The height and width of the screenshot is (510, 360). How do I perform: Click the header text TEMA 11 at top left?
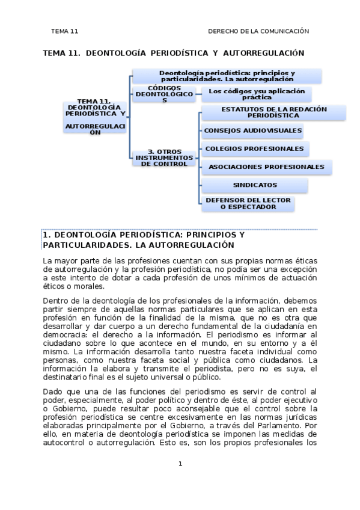coord(65,31)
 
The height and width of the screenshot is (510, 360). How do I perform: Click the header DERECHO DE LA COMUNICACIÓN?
coord(258,31)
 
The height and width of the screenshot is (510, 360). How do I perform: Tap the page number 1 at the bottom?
coord(180,464)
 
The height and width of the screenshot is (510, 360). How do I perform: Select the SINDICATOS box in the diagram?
coord(255,185)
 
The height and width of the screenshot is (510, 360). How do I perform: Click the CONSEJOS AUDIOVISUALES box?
coord(252,130)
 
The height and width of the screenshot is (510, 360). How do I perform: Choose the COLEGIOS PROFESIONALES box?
coord(254,148)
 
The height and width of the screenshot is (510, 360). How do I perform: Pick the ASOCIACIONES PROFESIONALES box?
coord(266,167)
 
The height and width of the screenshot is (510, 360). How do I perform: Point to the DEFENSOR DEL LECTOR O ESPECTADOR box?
coord(248,203)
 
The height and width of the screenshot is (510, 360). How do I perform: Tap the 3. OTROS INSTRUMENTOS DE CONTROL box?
coord(164,158)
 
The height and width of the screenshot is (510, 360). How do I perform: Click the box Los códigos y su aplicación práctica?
coord(257,94)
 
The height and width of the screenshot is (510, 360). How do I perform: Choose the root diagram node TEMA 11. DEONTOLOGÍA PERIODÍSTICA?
coord(96,115)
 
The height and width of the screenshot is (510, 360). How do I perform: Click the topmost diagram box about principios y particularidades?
coord(227,76)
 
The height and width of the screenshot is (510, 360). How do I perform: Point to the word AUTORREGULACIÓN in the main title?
coord(266,53)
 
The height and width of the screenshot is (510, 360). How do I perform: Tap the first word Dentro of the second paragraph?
coord(56,301)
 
